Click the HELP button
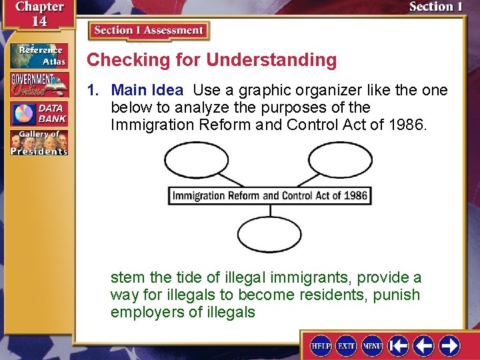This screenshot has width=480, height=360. pos(321,346)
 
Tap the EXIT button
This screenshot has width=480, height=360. pos(347,346)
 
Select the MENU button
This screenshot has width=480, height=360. pos(372,346)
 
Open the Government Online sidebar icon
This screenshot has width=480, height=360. pos(39,85)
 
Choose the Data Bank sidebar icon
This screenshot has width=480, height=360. pos(39,113)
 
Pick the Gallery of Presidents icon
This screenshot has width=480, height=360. pos(39,143)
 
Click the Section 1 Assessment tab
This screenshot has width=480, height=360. pos(149,31)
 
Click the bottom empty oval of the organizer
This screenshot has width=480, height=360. pos(269,235)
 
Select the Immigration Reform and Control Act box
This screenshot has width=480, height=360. pos(269,196)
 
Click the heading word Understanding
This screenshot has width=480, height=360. pos(271,60)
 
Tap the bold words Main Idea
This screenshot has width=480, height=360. pos(147,90)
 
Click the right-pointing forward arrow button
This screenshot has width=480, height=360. pos(449,346)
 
